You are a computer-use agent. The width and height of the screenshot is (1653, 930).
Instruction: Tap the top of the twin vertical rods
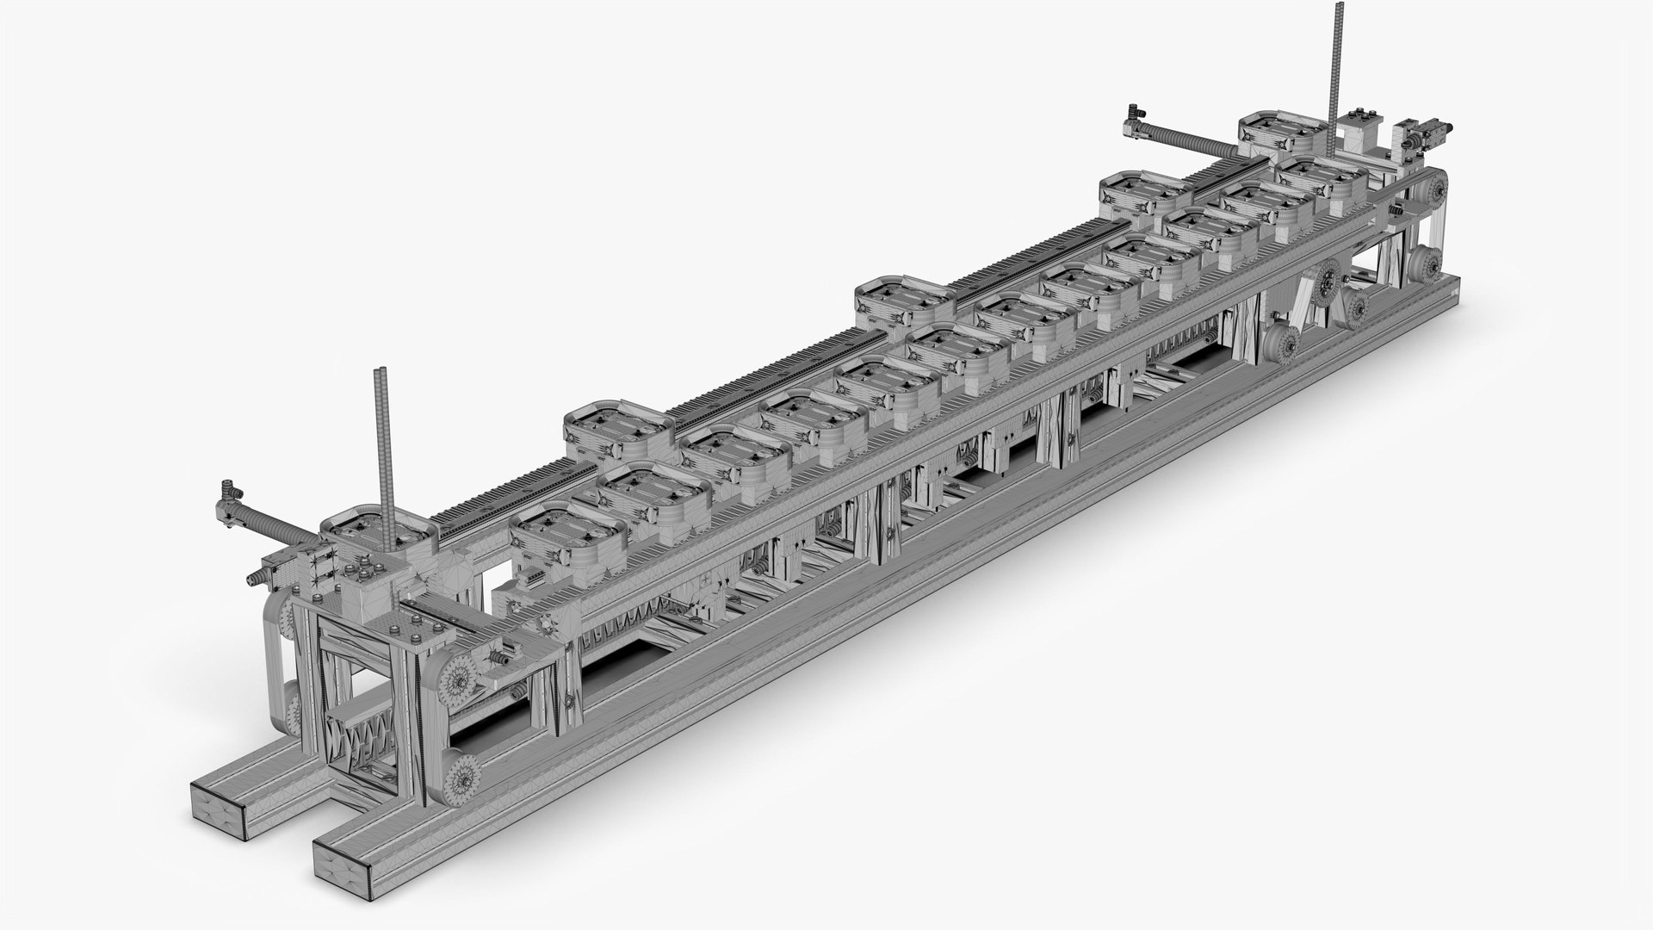381,373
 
